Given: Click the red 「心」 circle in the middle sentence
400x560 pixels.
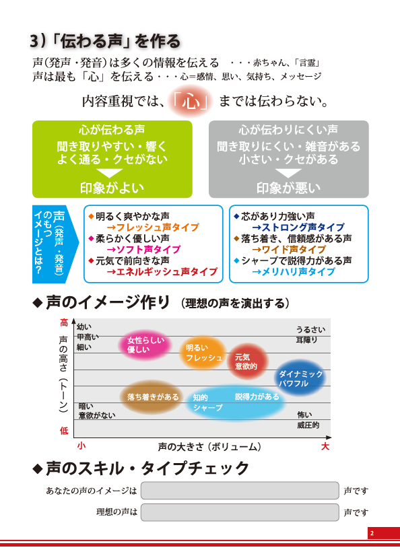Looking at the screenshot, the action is pos(191,102).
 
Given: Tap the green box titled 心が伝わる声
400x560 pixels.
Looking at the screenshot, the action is pos(112,160).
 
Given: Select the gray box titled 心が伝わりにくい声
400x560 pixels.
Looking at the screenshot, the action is pos(288,160).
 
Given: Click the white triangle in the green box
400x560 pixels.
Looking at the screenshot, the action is pos(110,173).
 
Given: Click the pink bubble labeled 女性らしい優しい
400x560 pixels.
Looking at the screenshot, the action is pos(145,345).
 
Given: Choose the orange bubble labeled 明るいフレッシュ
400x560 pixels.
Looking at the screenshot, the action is pos(203,353).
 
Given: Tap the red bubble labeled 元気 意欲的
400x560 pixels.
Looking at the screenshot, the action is pos(247,361).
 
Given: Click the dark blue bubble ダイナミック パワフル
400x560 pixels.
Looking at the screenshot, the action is pos(300,378).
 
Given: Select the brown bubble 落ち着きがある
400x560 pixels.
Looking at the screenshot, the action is pos(153,397).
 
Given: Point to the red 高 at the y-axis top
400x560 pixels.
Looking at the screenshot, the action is pos(64,323).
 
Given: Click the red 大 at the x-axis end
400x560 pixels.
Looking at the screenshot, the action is pos(325,446).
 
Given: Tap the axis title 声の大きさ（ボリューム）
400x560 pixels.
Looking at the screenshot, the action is pos(209,447).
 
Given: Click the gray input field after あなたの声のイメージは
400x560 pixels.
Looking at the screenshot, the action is pos(240,491).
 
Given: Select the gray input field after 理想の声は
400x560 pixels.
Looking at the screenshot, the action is pos(240,512).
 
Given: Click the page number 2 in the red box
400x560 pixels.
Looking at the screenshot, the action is pos(372,533).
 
